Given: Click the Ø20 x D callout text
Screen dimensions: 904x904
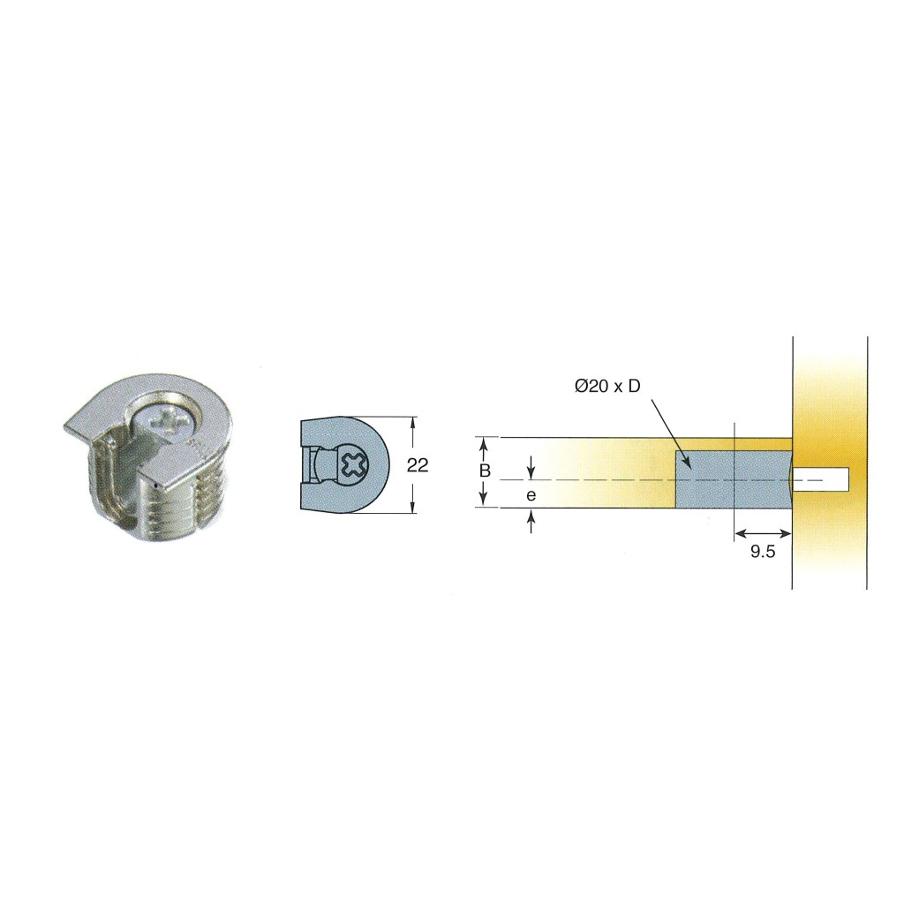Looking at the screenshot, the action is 607,387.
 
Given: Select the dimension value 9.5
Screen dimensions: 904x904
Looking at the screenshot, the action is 763,552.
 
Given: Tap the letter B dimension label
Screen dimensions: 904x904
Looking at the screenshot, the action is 485,471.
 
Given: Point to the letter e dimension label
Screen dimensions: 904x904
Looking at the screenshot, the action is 531,494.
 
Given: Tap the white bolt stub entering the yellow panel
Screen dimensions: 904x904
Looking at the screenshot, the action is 820,479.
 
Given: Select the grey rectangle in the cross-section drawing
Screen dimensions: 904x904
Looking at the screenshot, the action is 734,479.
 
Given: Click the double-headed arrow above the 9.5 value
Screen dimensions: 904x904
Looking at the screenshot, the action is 763,534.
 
